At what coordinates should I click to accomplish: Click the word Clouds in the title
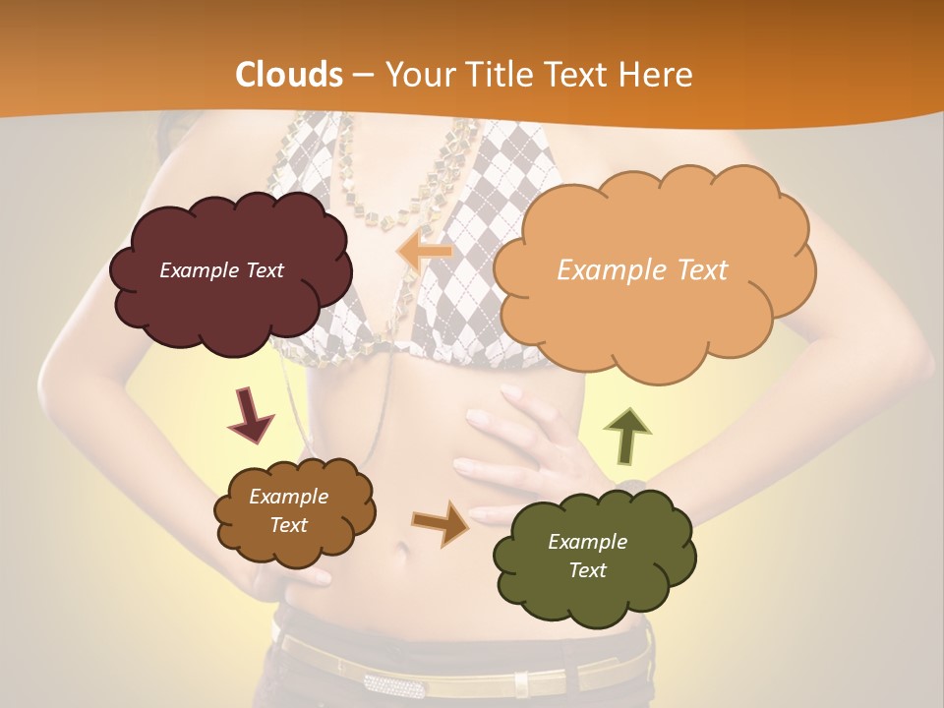tap(289, 75)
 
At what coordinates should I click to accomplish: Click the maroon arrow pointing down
tap(250, 414)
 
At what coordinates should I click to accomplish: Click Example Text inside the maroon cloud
tap(221, 270)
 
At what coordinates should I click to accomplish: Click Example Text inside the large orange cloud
tap(642, 270)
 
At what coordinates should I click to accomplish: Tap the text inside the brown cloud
tap(289, 511)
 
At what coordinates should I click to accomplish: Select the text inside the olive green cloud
tap(587, 556)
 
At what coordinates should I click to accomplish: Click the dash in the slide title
tap(363, 76)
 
